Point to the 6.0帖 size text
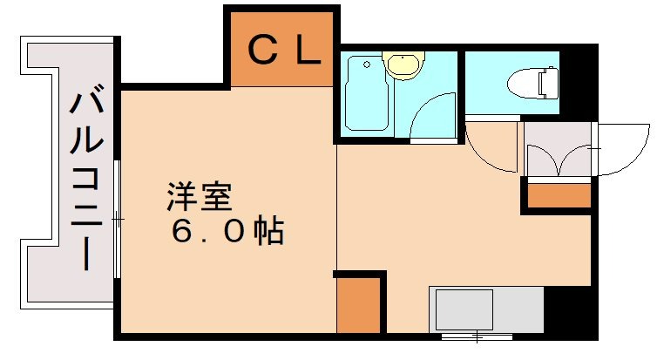click(226, 232)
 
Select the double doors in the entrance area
click(559, 160)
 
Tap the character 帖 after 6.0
click(268, 232)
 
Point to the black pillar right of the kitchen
click(571, 309)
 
